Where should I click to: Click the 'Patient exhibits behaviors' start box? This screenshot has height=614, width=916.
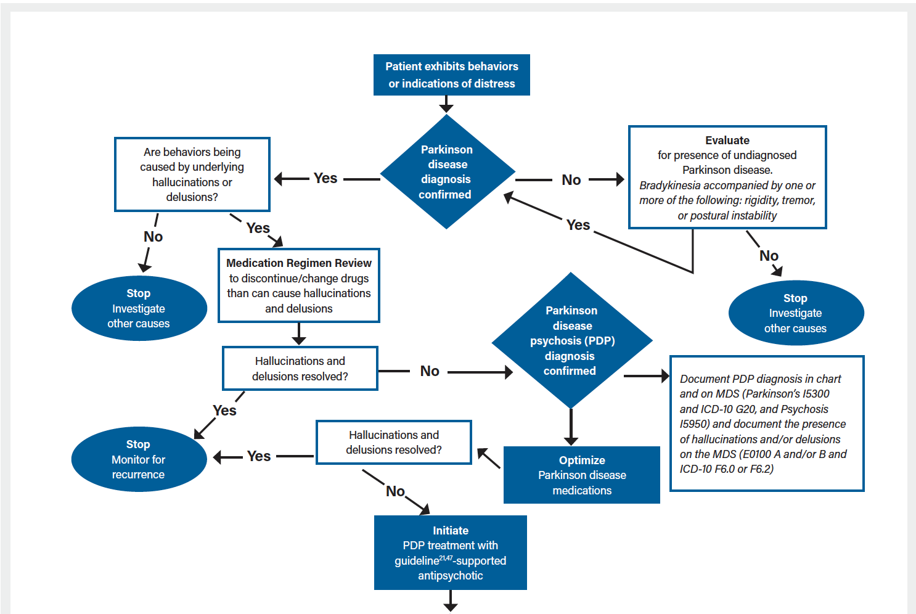tap(451, 75)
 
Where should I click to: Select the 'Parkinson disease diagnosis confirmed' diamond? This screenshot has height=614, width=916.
tap(447, 172)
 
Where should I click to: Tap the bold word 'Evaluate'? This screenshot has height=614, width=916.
tap(727, 141)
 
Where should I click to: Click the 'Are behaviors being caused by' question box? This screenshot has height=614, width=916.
tap(192, 174)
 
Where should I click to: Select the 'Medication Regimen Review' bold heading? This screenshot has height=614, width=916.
tap(299, 263)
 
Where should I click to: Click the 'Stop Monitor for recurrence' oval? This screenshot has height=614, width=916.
tap(139, 459)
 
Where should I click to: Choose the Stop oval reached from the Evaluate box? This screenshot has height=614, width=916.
tap(795, 313)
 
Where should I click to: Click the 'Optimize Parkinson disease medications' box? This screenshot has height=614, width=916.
tap(581, 475)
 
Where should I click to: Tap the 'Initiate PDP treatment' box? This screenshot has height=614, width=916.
tap(450, 553)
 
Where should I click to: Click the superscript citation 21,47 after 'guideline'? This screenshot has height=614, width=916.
tap(446, 558)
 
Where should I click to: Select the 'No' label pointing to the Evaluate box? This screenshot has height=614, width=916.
tap(571, 180)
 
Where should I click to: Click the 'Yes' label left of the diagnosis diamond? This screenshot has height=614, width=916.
tap(325, 178)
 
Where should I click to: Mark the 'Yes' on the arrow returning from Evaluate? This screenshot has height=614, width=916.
tap(578, 225)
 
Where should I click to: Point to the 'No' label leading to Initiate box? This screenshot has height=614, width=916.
tap(395, 491)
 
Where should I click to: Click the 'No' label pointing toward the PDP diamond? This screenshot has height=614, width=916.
tap(430, 371)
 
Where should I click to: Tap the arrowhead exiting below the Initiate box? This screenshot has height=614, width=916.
tap(451, 607)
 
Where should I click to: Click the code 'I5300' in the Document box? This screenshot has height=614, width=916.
tap(816, 394)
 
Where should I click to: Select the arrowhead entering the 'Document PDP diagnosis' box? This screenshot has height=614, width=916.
tap(665, 375)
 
